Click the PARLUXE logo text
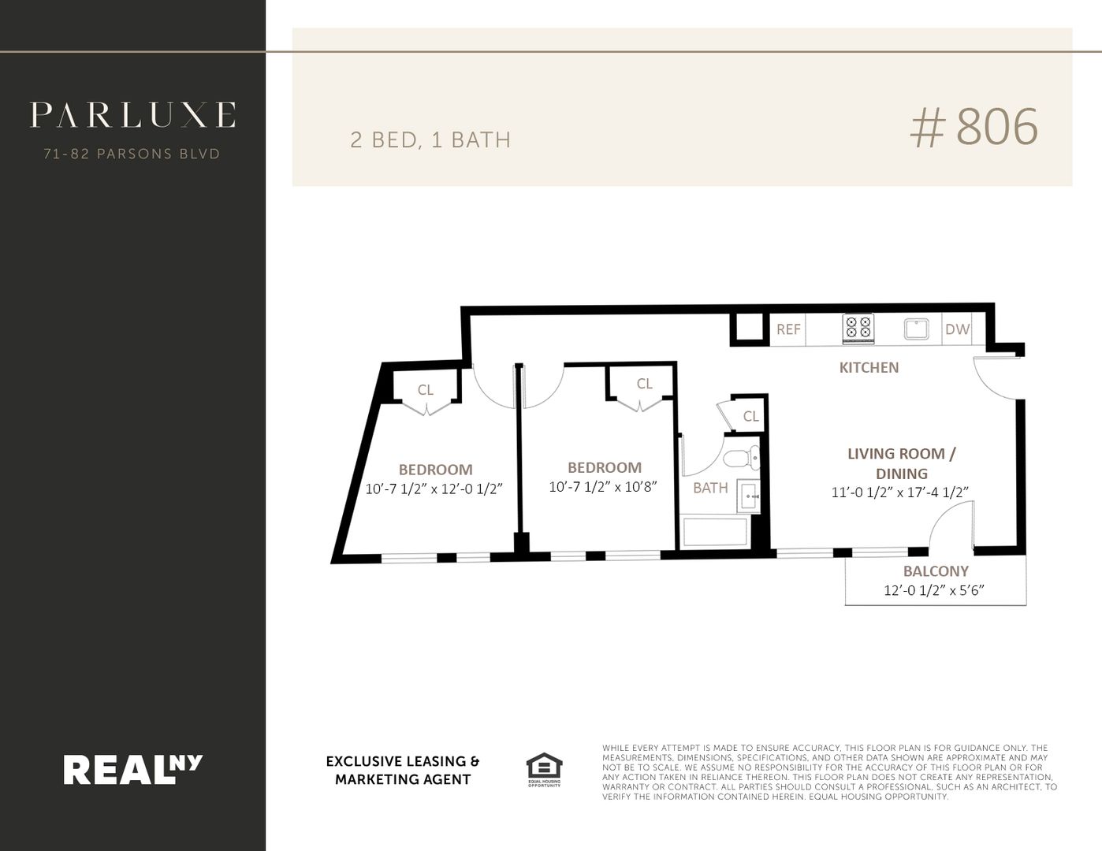(133, 114)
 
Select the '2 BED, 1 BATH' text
(430, 140)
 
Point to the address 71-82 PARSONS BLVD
(132, 154)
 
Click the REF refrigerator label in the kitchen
(788, 329)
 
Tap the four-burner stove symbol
(858, 328)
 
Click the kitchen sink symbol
(916, 329)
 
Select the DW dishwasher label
(958, 329)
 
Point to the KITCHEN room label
(869, 367)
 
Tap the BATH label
(710, 488)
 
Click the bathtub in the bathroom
(715, 531)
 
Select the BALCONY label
(936, 571)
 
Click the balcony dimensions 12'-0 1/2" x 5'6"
(934, 590)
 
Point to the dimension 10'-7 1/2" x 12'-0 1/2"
(434, 489)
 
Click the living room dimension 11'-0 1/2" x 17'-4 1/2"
(900, 492)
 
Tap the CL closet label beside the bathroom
(750, 417)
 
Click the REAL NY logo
(133, 769)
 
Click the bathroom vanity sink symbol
(749, 496)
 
